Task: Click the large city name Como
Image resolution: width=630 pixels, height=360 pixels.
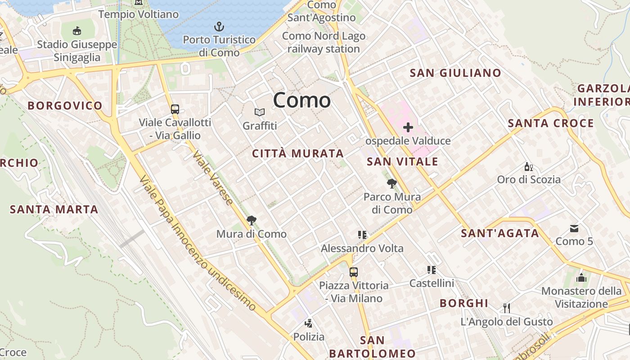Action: click(x=301, y=100)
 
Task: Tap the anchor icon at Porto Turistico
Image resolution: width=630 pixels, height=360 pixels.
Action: click(x=219, y=26)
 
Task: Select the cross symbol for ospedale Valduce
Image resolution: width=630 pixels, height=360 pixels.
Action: click(x=408, y=128)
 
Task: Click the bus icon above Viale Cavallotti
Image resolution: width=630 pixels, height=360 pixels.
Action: click(x=175, y=109)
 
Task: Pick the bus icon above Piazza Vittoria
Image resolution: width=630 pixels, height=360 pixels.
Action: click(x=354, y=272)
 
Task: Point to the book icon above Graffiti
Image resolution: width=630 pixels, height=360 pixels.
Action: click(x=260, y=112)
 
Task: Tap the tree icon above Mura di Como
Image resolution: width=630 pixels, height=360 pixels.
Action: click(x=251, y=220)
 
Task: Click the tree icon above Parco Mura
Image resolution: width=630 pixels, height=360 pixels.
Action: click(x=392, y=183)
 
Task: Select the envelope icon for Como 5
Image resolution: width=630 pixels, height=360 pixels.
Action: click(x=574, y=229)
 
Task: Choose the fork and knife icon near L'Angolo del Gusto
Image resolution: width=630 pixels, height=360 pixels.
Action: click(x=507, y=308)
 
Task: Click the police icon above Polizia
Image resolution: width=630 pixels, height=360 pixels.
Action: click(x=309, y=323)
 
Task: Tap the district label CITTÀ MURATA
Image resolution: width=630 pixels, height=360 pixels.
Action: click(x=298, y=153)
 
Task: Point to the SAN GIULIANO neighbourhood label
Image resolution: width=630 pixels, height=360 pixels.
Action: click(x=455, y=73)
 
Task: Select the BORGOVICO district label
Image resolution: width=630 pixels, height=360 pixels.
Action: click(x=65, y=106)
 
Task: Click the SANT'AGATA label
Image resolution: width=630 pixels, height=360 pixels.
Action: click(x=500, y=233)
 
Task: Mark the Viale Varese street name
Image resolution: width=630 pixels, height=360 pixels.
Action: click(x=213, y=178)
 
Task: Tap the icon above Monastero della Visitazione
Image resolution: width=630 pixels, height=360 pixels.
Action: click(x=581, y=277)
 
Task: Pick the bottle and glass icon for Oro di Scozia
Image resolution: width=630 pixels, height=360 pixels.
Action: click(x=529, y=166)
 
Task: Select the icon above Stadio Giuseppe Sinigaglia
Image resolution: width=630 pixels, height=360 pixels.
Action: click(x=77, y=31)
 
